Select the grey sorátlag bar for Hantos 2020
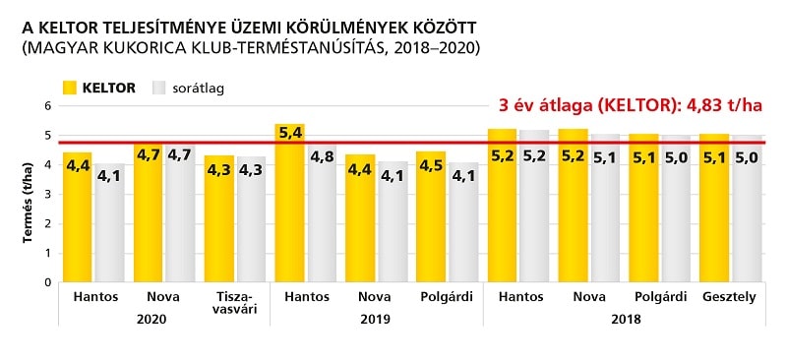[x=109, y=226]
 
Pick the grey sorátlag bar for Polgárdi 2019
[x=464, y=226]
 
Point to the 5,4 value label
[x=288, y=132]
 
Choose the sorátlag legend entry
[x=188, y=88]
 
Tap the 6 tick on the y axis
[x=46, y=105]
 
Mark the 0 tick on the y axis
[x=46, y=282]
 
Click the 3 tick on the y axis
[x=46, y=194]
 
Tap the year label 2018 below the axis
[x=625, y=318]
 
